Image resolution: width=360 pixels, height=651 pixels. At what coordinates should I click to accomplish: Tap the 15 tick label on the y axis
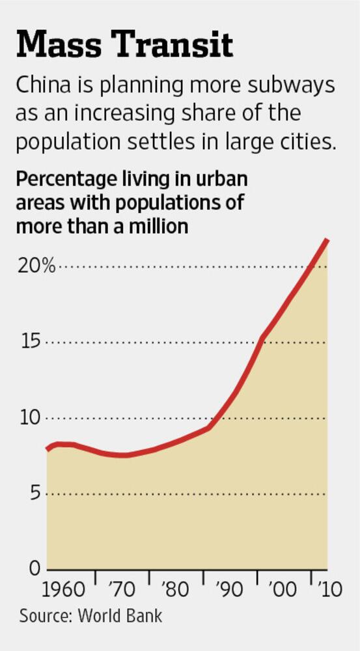(x=30, y=342)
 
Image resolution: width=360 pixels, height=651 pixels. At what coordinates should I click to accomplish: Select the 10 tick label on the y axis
(x=30, y=418)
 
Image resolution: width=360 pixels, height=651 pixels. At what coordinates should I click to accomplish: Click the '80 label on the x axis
(x=176, y=590)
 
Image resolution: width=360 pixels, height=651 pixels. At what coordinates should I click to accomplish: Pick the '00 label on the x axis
(x=284, y=590)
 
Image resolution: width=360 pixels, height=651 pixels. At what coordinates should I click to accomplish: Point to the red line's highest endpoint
(x=327, y=240)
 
